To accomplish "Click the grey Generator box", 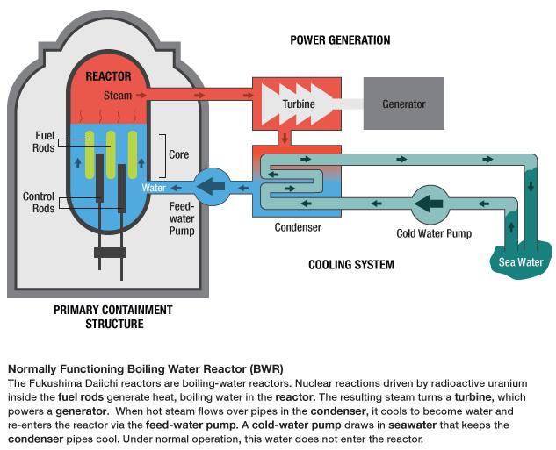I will coord(403,104).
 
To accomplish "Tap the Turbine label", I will coord(299,104).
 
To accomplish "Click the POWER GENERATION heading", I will coord(340,40).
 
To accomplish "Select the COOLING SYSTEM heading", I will coord(350,264).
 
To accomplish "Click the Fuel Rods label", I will coord(45,142).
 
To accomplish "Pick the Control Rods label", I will coord(39,202).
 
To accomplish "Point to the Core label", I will coord(178,154).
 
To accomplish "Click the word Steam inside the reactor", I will coord(118,95).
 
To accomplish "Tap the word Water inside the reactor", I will coord(154,187).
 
